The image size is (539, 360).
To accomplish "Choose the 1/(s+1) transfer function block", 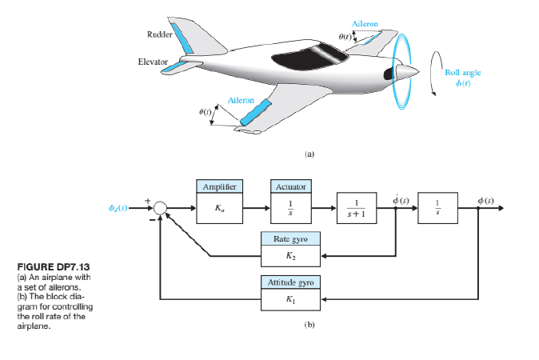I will (361, 207).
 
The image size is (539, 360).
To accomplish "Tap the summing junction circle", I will (161, 208).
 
